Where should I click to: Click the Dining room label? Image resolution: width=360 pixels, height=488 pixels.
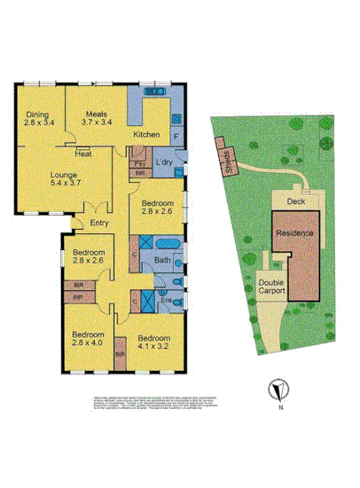[36, 119]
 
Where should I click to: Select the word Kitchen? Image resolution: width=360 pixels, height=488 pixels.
[146, 134]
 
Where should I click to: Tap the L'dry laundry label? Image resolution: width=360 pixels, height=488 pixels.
[163, 163]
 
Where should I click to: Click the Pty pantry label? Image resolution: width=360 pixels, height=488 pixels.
[139, 164]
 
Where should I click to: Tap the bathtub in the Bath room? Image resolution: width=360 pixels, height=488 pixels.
[167, 243]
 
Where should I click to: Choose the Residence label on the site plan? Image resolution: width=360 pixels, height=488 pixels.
[293, 232]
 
